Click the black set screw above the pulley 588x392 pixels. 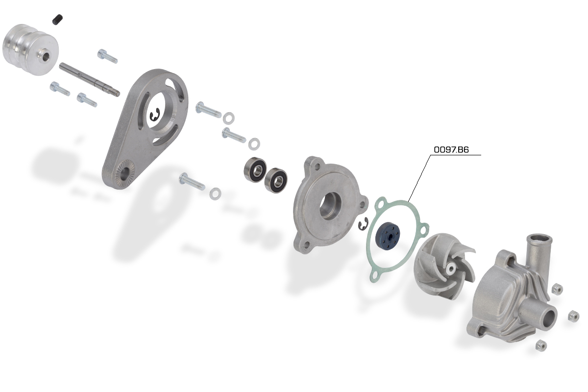(x=57, y=20)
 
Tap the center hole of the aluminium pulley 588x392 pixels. (x=47, y=56)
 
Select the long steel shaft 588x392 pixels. (x=90, y=79)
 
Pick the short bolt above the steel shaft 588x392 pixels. (x=107, y=56)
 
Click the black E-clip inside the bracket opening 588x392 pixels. (x=154, y=115)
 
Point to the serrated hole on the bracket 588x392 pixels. (x=123, y=174)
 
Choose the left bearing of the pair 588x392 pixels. (x=255, y=170)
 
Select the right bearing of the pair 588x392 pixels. (x=275, y=180)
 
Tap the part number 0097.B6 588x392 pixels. (x=451, y=149)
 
